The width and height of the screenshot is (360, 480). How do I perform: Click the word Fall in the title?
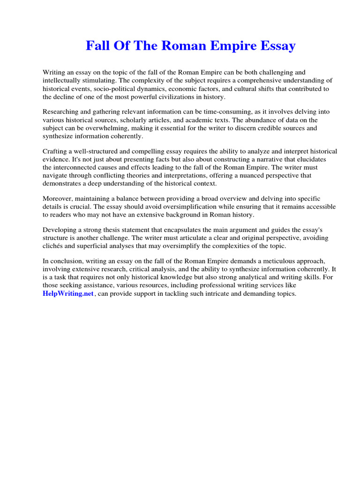(x=97, y=46)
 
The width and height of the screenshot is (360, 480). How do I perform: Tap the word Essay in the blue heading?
(x=276, y=46)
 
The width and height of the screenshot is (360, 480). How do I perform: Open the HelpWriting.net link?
(x=68, y=294)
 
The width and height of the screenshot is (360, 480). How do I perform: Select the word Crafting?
(x=55, y=151)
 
